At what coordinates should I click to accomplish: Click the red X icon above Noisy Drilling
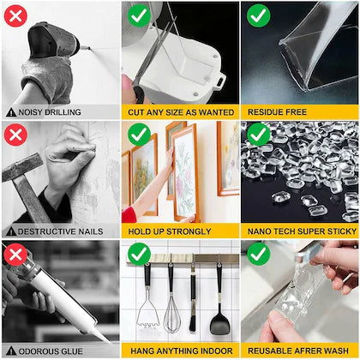point(14,15)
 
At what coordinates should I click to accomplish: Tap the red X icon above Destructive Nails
point(14,135)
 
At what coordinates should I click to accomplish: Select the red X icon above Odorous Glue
point(14,254)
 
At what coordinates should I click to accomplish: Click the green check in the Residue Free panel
point(257,15)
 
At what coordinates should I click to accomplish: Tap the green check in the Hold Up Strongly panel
point(138,135)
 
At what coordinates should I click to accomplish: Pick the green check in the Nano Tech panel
point(257,135)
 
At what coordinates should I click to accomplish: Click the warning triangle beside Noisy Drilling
point(10,112)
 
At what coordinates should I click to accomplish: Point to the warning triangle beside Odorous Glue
point(10,351)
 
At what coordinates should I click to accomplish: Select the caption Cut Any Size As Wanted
point(179,112)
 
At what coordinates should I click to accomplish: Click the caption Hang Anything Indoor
point(179,351)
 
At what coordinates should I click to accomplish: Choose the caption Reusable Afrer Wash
point(299,351)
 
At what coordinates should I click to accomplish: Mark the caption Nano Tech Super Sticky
point(299,231)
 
